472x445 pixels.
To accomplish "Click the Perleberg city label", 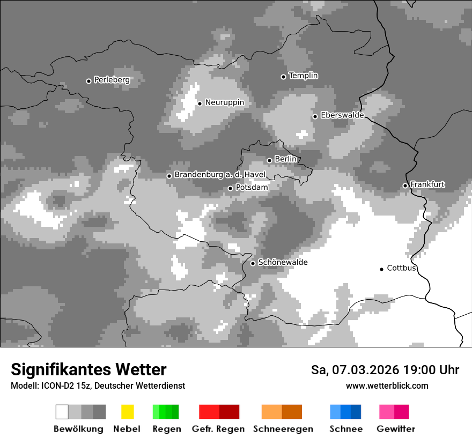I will pos(112,80).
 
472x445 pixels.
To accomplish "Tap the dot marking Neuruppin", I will pos(200,103).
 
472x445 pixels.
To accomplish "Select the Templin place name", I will pos(303,76).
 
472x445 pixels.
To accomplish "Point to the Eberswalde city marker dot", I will pos(315,116).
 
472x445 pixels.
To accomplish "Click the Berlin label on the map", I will pos(285,159).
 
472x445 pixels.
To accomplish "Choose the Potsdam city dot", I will pos(230,188).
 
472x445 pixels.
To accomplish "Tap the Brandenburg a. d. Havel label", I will pos(220,175).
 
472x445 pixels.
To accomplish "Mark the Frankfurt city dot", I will pos(405,186).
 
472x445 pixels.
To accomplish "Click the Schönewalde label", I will pos(283,262).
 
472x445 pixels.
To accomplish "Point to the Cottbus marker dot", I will pos(381,269).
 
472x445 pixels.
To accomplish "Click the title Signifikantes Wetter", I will pos(88,370).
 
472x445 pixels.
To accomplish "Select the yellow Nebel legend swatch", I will pos(127,412).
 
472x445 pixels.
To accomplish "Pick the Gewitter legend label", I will pos(395,429).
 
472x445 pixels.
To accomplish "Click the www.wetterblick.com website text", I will pos(387,385).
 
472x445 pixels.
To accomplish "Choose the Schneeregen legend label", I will pos(283,429).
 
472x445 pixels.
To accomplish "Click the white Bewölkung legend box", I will pos(62,412).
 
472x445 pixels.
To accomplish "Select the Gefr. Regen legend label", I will pos(218,429).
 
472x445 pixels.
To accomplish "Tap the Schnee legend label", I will pos(345,429).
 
